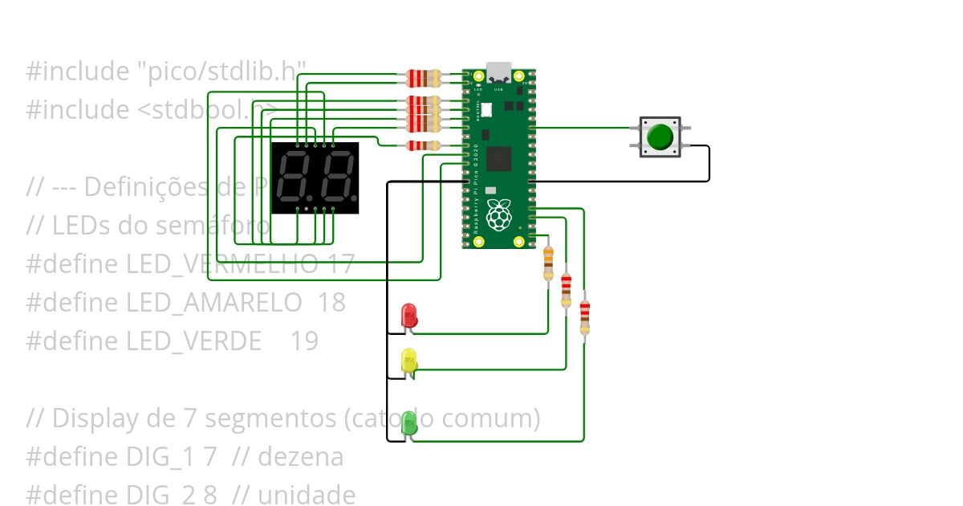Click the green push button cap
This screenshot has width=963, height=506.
(660, 137)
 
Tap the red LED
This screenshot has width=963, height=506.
(408, 314)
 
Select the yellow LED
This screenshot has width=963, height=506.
(408, 359)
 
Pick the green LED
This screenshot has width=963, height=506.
(408, 422)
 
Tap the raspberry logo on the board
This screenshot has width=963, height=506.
(499, 214)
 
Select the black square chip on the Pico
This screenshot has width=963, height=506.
(498, 158)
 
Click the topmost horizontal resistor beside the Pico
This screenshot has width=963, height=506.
(424, 78)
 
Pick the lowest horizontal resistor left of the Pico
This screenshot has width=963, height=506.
(422, 145)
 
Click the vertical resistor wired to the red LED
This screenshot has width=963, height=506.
(548, 263)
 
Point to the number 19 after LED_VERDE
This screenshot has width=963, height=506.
(304, 341)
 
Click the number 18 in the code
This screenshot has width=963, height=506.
(331, 303)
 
